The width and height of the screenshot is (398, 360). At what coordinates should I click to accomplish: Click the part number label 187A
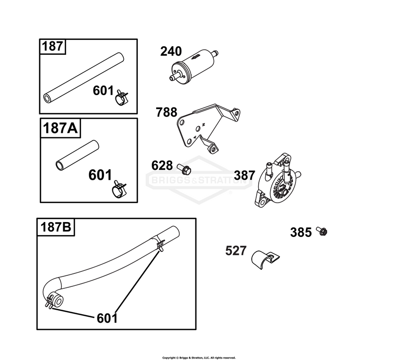coord(60,128)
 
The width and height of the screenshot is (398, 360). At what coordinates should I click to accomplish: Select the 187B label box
coord(56,227)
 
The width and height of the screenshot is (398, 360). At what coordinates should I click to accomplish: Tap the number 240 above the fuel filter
coord(171,51)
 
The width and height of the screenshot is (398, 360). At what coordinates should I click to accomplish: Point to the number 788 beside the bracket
coord(167,113)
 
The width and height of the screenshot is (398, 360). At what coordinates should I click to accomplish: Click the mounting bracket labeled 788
coord(208,128)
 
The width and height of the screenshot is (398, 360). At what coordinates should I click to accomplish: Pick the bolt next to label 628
coord(184,168)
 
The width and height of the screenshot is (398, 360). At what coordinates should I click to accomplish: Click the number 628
coord(162,166)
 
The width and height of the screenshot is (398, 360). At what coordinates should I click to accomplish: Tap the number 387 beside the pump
coord(244,175)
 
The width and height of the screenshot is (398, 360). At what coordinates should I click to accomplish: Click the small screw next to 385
coord(322,231)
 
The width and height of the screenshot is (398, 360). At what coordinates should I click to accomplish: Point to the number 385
coord(301,232)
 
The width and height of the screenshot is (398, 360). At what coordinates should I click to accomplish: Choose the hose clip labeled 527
coord(265,259)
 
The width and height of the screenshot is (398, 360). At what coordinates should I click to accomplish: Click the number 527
coord(236,251)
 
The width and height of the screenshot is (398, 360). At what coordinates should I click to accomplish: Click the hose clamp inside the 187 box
coord(122,97)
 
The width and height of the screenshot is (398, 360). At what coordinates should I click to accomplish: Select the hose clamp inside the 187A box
coord(119,189)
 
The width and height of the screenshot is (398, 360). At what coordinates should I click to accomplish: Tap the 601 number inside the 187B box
coord(107,318)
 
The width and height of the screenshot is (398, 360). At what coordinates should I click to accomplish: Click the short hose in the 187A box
coord(77,155)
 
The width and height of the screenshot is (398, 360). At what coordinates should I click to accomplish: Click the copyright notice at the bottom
coord(199,358)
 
